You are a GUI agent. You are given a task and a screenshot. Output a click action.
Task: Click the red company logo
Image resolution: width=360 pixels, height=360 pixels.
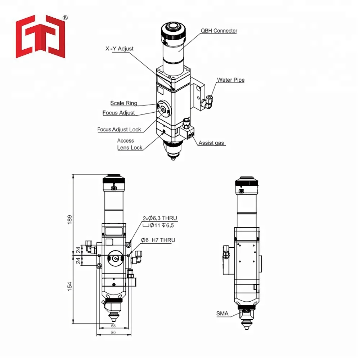(40, 36)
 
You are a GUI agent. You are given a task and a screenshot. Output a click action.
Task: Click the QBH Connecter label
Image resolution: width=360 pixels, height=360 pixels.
(219, 31)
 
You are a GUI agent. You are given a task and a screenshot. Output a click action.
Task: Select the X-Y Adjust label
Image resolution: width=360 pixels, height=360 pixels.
(120, 49)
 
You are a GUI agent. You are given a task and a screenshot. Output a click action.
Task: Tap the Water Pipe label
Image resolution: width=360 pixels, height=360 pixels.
(231, 80)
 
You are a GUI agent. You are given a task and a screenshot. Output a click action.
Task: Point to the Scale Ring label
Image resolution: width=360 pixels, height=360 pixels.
(123, 103)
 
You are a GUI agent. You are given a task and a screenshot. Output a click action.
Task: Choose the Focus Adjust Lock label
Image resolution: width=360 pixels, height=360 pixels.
(119, 130)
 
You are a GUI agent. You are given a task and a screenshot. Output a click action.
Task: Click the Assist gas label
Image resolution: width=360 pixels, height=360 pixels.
(211, 143)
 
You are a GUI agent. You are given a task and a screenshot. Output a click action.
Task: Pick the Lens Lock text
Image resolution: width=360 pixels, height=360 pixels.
(130, 148)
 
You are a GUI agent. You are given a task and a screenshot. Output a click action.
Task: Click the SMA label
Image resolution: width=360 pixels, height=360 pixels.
(222, 314)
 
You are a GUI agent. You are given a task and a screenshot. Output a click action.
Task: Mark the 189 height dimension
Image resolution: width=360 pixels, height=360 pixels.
(69, 220)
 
